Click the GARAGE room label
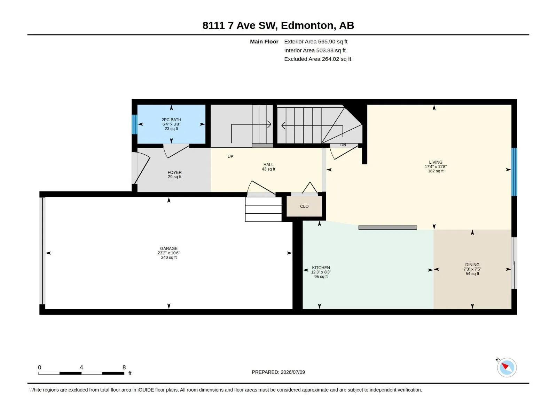click(x=169, y=248)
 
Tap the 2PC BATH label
click(x=171, y=120)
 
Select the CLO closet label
click(x=304, y=206)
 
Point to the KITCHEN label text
click(x=321, y=268)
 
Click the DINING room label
click(x=472, y=264)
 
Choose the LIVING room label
click(x=436, y=162)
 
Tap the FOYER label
click(x=175, y=172)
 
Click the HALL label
click(x=268, y=165)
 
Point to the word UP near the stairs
click(x=230, y=156)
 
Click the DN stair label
click(x=343, y=145)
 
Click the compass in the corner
click(x=507, y=367)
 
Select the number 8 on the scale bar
click(x=124, y=367)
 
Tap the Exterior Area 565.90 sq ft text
click(x=316, y=41)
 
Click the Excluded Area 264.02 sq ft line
click(x=317, y=59)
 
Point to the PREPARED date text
click(x=278, y=372)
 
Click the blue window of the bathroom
click(x=134, y=124)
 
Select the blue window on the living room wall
click(x=514, y=172)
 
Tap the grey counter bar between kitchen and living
click(x=387, y=227)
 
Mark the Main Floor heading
click(x=264, y=41)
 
